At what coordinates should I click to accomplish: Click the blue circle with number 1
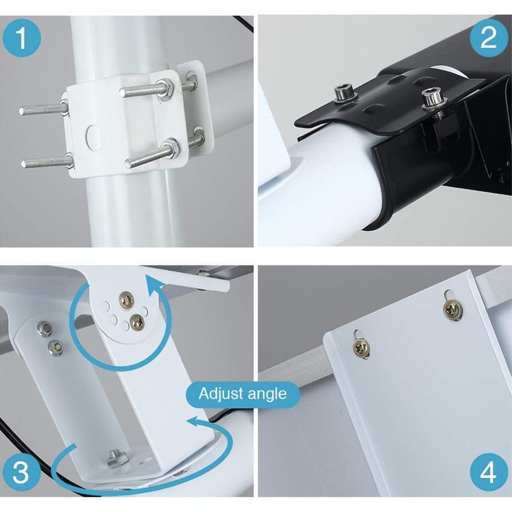[x=22, y=38]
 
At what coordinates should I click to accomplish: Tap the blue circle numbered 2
[x=489, y=38]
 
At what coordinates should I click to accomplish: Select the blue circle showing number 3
[x=20, y=472]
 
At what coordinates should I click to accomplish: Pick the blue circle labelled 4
[x=489, y=472]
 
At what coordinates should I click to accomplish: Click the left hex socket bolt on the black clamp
[x=346, y=92]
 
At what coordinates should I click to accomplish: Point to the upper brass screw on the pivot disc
[x=126, y=300]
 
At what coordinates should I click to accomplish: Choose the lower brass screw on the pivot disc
[x=137, y=323]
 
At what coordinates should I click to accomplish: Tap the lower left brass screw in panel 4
[x=361, y=348]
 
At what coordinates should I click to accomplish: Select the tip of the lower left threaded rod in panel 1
[x=24, y=164]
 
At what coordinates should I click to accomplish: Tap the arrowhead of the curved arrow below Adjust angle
[x=195, y=422]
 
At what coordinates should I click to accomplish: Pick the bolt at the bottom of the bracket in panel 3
[x=117, y=458]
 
